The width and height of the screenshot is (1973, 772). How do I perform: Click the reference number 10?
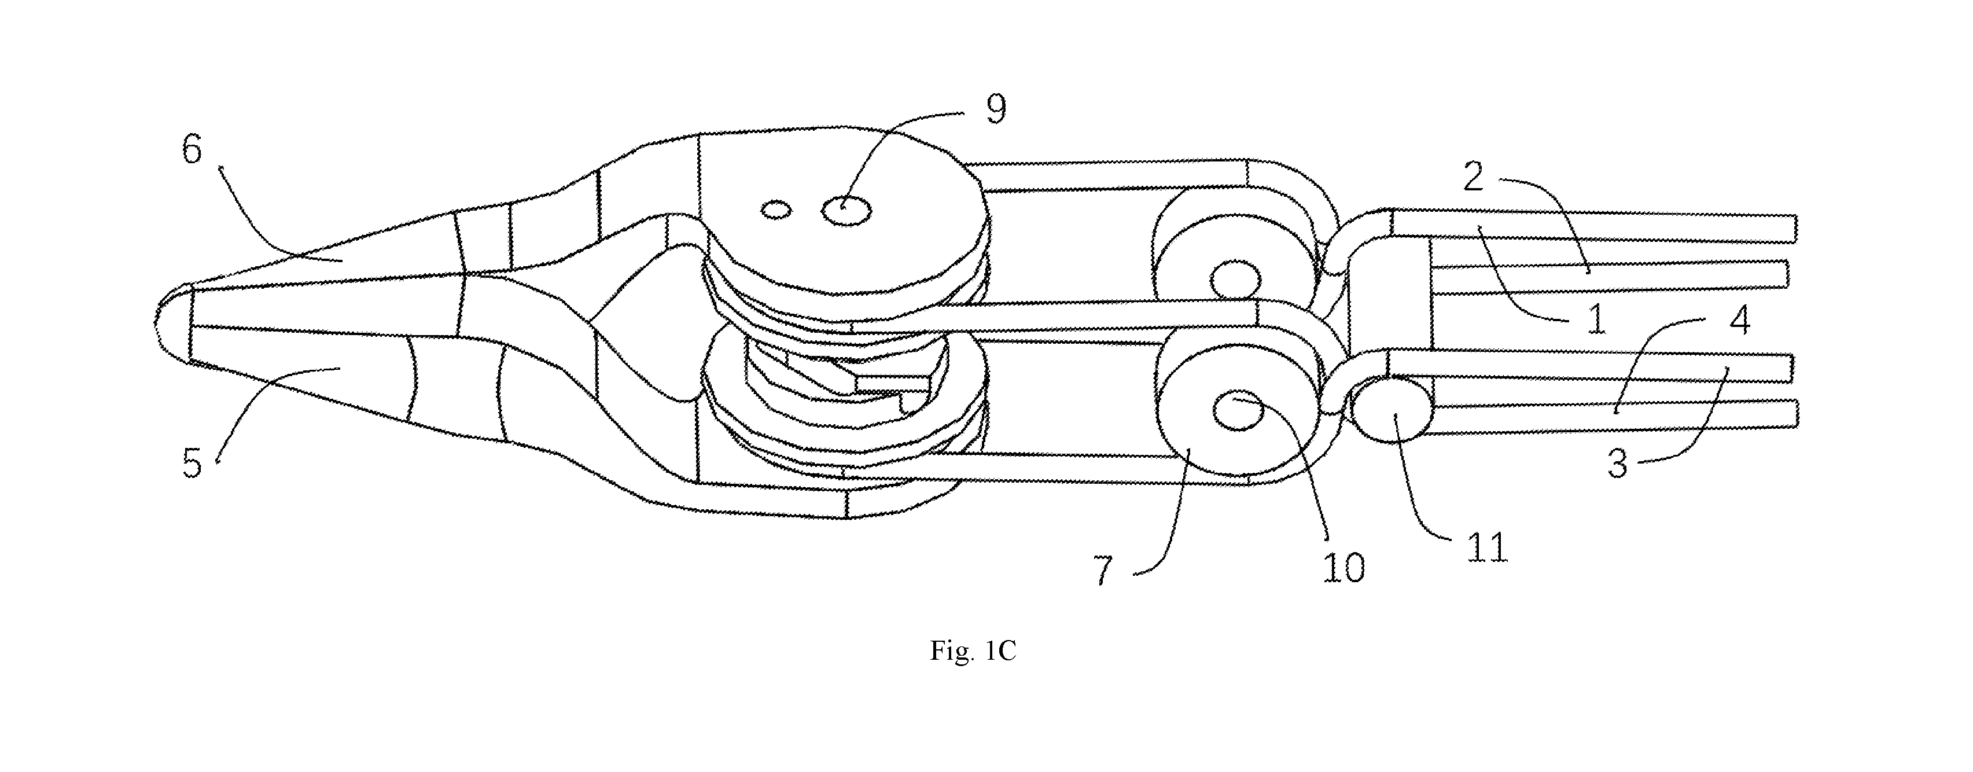[x=1344, y=568]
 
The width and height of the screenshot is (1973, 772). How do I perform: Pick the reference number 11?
[x=1488, y=549]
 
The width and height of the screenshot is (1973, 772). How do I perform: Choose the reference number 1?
[x=1595, y=319]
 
